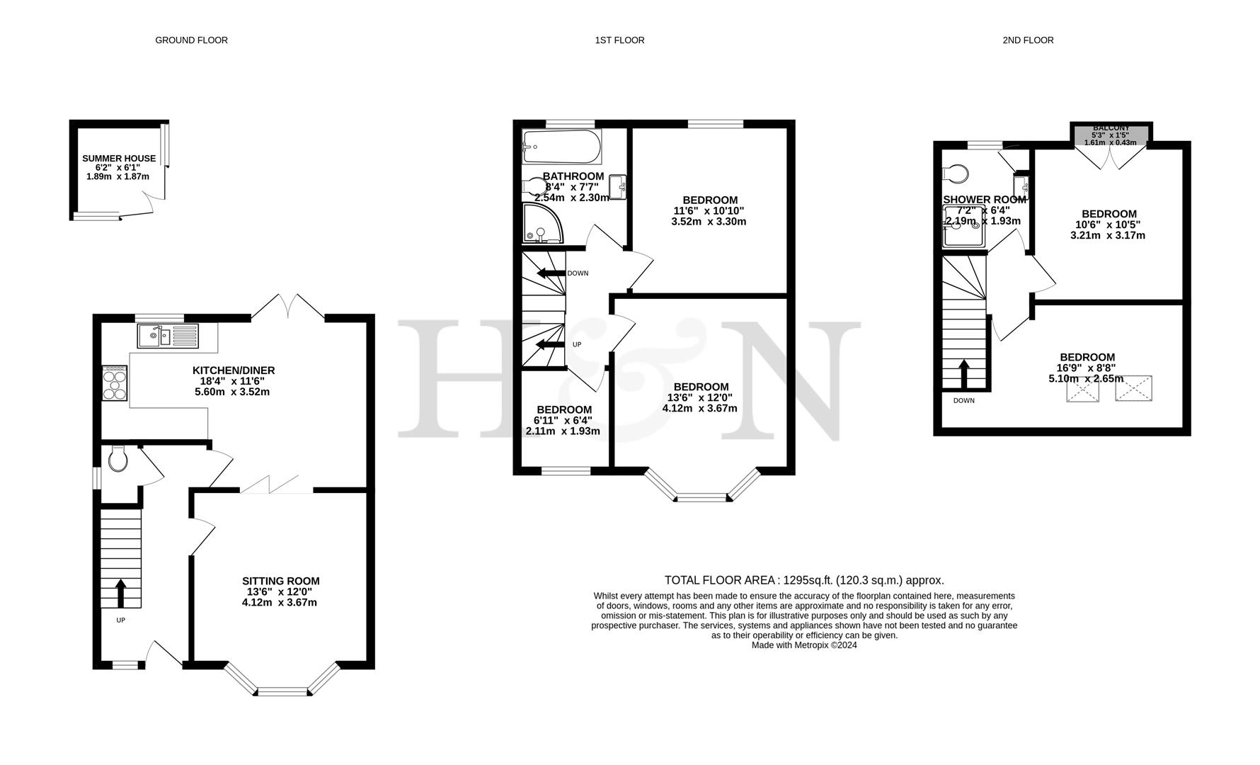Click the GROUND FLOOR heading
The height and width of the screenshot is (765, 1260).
click(x=191, y=40)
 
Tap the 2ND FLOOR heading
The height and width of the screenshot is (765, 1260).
click(x=1028, y=40)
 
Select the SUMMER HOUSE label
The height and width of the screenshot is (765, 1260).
click(x=119, y=159)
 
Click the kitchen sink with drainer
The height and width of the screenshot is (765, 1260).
click(x=168, y=336)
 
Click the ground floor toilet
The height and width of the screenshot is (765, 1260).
click(x=118, y=460)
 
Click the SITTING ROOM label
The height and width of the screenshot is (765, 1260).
click(x=280, y=581)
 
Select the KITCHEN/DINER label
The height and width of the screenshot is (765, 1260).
click(x=234, y=370)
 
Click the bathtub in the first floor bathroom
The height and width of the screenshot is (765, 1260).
click(x=561, y=146)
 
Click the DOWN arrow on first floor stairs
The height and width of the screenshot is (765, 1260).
click(x=551, y=273)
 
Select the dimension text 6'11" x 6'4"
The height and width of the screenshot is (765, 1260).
click(x=563, y=420)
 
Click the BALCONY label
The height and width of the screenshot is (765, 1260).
click(x=1111, y=127)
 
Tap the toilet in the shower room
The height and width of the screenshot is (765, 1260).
click(x=956, y=174)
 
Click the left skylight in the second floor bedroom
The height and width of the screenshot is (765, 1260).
click(x=1082, y=390)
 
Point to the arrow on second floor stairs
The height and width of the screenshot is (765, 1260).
click(x=963, y=374)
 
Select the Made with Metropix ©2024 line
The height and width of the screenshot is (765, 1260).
click(x=804, y=645)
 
